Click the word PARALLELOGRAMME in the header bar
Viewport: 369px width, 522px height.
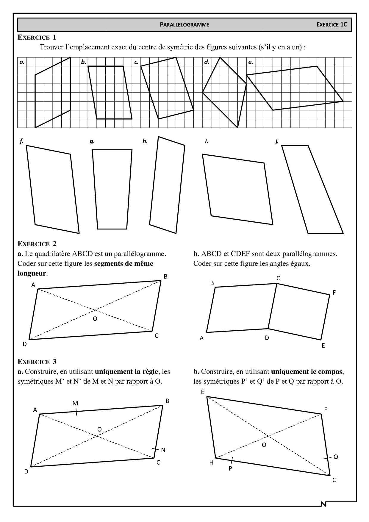pos(185,25)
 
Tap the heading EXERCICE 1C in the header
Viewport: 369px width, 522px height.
pos(332,25)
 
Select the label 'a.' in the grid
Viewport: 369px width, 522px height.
pos(22,62)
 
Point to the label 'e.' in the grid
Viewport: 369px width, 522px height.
pos(251,62)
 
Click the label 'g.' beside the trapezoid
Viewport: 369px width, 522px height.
pos(92,142)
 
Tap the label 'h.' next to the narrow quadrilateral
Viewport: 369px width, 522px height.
pos(145,141)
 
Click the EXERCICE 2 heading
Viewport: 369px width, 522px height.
pos(37,244)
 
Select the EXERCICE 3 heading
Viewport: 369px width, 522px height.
pos(37,362)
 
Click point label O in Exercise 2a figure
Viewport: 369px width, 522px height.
pos(95,319)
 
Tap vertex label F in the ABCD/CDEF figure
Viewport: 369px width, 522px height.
pos(334,293)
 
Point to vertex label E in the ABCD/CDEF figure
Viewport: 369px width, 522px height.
pos(323,346)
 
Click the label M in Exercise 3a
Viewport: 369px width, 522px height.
pos(75,403)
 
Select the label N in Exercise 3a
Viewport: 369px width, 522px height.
pos(163,450)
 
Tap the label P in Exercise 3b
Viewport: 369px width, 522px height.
pos(230,468)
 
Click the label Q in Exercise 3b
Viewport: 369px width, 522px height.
pos(336,457)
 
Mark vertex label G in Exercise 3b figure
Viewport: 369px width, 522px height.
pos(334,480)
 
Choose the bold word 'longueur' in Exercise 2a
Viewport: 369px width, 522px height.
pos(32,273)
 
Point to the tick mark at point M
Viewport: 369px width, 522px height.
pos(76,412)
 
